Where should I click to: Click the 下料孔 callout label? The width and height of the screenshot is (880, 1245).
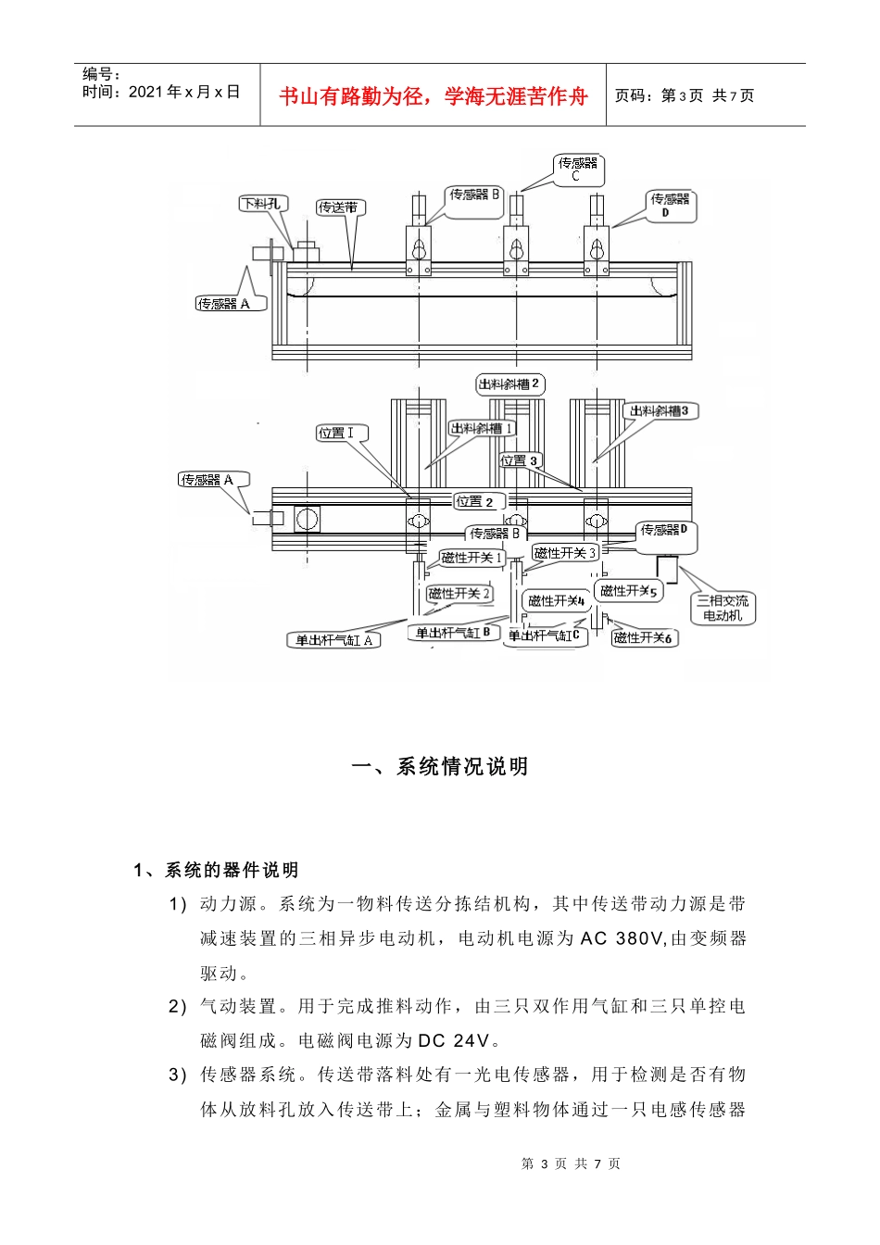(263, 204)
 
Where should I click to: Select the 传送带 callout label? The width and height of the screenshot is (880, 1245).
(340, 207)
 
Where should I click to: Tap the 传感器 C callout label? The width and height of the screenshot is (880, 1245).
(578, 169)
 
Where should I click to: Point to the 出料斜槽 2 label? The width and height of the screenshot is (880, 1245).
(509, 384)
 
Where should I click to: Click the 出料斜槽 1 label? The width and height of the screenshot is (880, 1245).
(482, 428)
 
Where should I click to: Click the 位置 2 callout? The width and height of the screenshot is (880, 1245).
(478, 501)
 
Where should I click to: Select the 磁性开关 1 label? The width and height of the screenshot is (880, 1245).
(472, 558)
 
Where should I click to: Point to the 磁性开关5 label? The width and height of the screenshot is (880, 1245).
(628, 590)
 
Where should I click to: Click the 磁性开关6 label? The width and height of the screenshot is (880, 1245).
(644, 637)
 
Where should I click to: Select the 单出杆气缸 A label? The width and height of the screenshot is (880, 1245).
(333, 640)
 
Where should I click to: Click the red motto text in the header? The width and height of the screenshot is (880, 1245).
(434, 96)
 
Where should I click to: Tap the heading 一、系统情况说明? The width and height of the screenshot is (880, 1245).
(440, 766)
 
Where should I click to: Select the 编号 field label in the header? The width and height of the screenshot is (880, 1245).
(101, 74)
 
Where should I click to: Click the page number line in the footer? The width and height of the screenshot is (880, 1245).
(571, 1163)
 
